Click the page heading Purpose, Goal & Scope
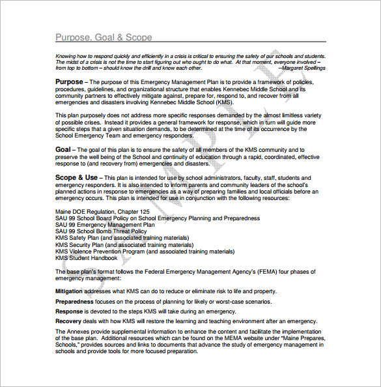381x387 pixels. (x=104, y=37)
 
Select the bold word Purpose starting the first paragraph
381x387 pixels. (x=69, y=82)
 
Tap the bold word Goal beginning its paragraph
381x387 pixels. (x=63, y=149)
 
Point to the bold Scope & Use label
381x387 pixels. (x=76, y=177)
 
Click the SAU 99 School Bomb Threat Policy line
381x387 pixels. (x=101, y=231)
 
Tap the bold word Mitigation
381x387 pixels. (x=69, y=291)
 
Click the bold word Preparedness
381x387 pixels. (x=73, y=302)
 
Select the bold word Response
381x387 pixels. (x=68, y=311)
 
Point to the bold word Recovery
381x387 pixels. (x=68, y=321)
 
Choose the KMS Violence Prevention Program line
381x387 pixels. (x=145, y=251)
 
